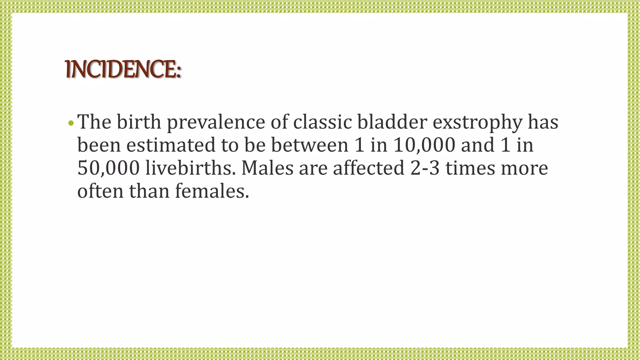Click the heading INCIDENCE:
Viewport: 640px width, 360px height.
pos(123,69)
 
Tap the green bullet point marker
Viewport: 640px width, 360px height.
pos(71,123)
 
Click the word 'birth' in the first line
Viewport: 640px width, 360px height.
pos(139,122)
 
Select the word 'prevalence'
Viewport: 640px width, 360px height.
pos(216,122)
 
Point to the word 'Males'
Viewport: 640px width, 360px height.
pos(267,168)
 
